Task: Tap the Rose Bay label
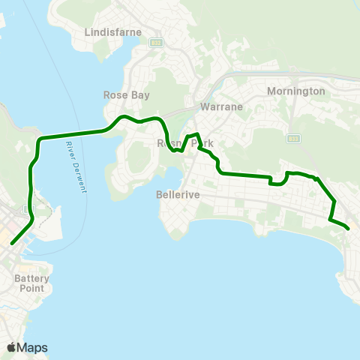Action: coord(126,95)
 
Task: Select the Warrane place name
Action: coord(221,106)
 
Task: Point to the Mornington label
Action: coord(296,91)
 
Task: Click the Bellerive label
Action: coord(177,194)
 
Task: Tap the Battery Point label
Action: coord(32,283)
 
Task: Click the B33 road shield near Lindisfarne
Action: coord(156,43)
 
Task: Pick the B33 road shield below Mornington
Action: coord(293,139)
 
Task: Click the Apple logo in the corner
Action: coord(12,347)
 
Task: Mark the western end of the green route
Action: coord(11,243)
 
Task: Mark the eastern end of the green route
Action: coord(349,229)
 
